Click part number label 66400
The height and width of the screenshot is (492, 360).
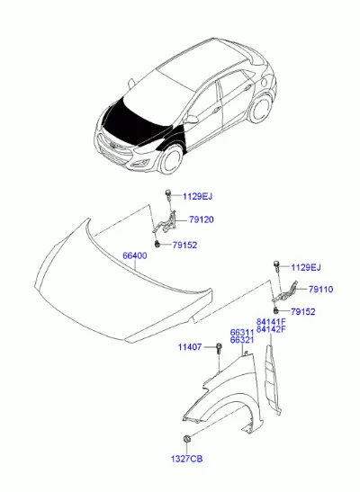click(x=134, y=255)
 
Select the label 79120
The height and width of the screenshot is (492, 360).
click(x=202, y=219)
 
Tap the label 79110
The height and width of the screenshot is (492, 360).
click(x=320, y=290)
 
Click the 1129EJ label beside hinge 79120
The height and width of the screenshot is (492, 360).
click(x=197, y=197)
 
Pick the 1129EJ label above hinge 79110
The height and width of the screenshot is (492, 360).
click(x=306, y=268)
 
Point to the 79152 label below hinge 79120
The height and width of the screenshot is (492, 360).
click(x=184, y=245)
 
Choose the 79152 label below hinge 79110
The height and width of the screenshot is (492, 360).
click(x=303, y=312)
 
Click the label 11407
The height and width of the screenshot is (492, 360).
click(x=190, y=347)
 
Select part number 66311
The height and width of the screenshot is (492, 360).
click(x=242, y=333)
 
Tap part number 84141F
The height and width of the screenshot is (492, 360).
click(x=271, y=322)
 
